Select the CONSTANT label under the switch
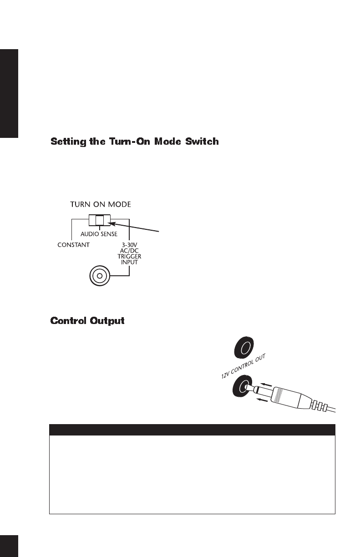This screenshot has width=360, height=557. (x=73, y=244)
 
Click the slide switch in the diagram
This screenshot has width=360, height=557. (x=100, y=221)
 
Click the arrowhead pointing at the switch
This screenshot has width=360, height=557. (x=114, y=223)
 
